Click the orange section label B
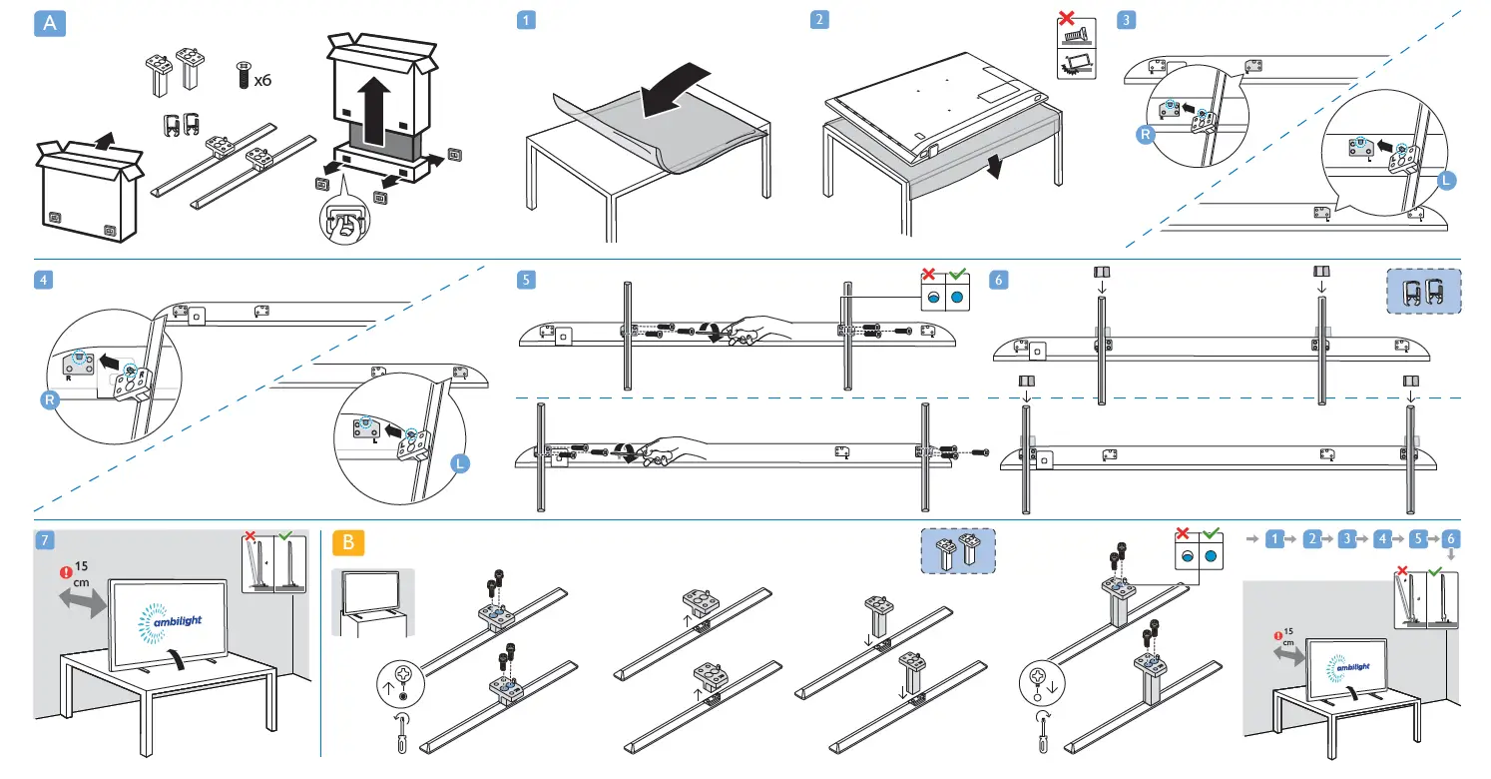click(x=348, y=542)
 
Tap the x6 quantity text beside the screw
click(x=262, y=80)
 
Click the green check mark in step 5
click(x=958, y=275)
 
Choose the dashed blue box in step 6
click(x=1423, y=292)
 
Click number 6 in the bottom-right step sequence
click(x=1449, y=538)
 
